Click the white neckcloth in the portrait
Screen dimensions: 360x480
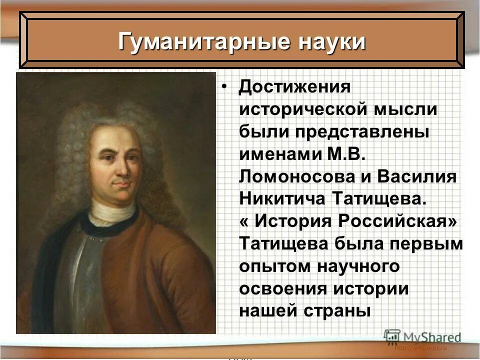[112, 211]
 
